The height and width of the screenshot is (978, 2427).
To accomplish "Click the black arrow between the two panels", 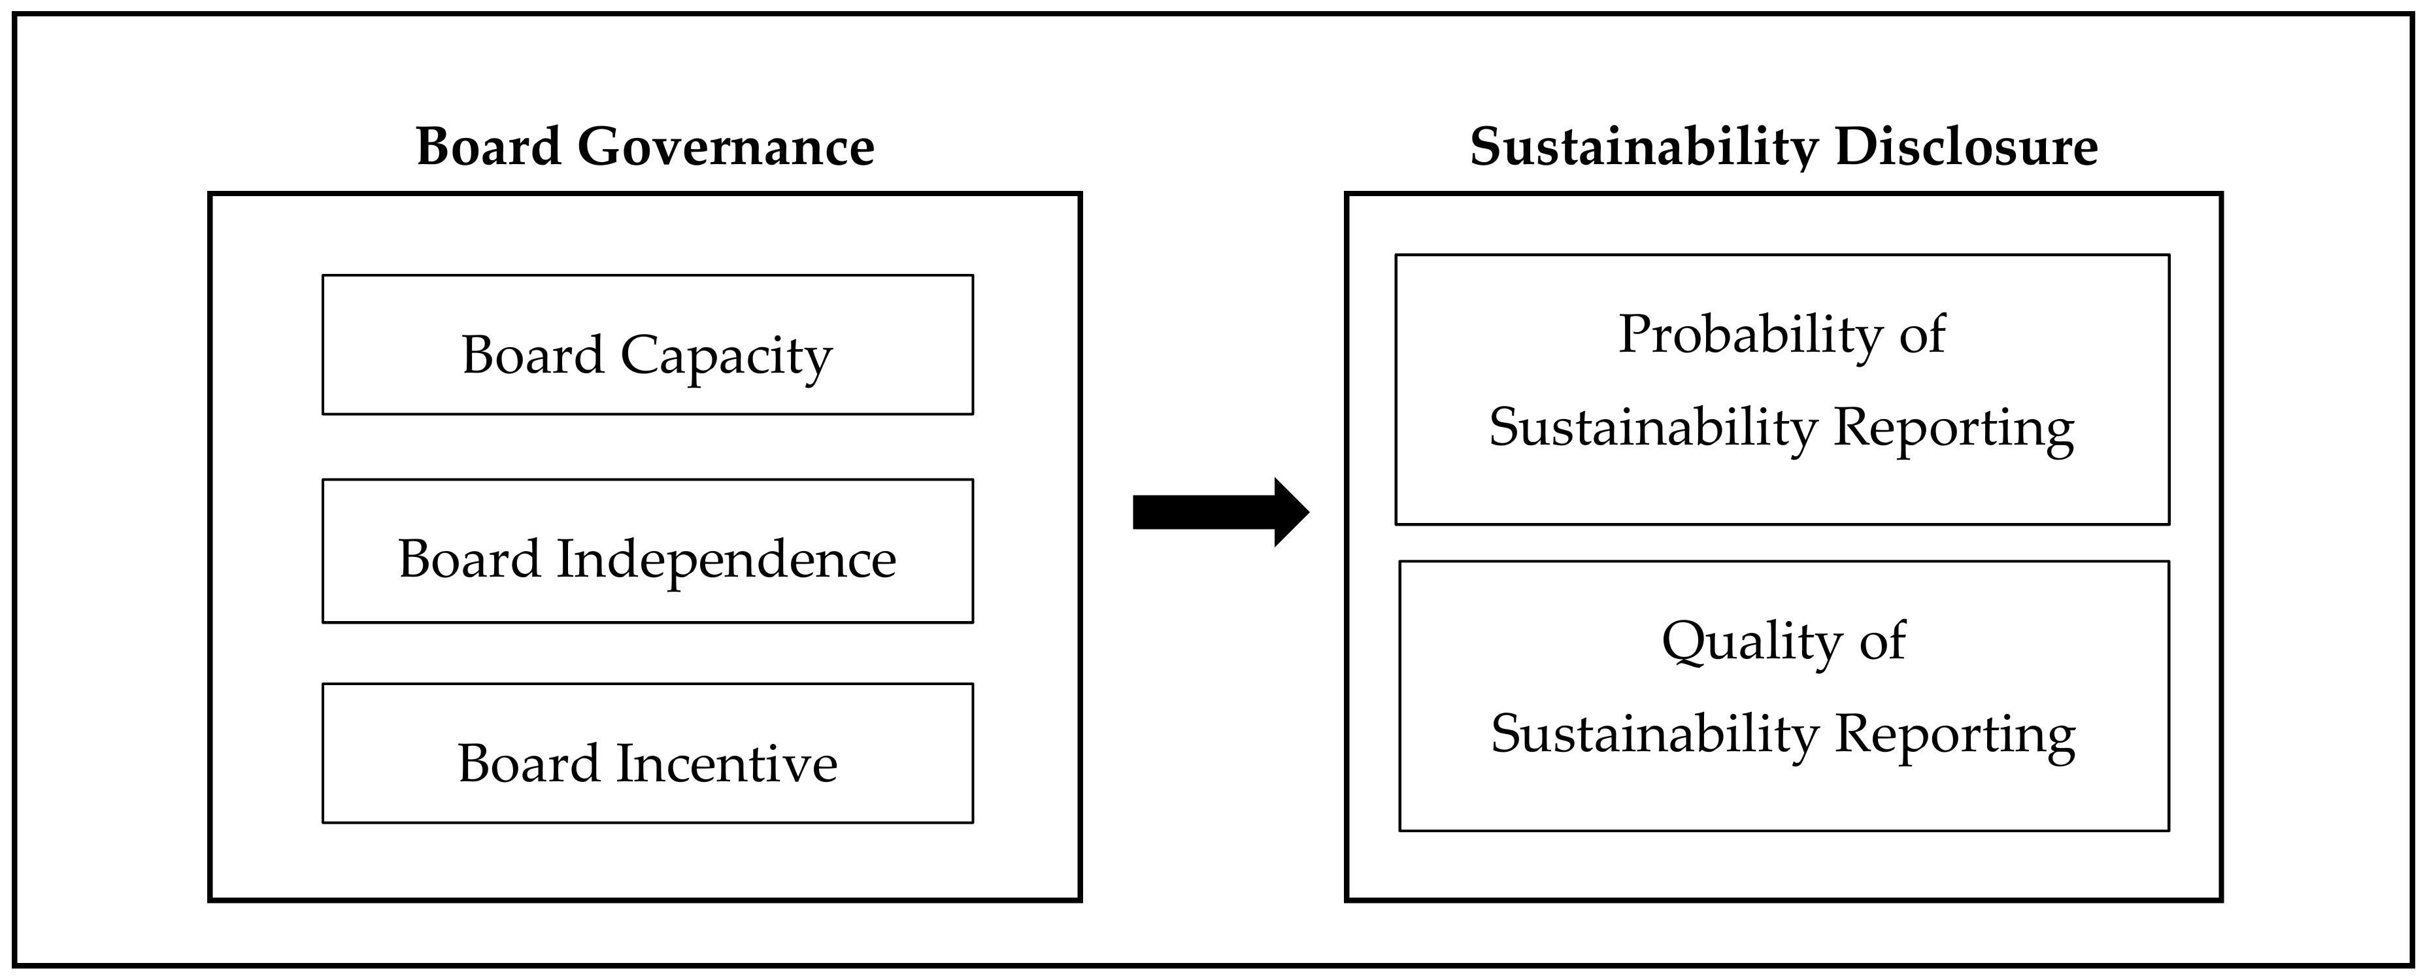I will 1215,512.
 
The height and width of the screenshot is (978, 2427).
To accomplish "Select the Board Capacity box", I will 647,344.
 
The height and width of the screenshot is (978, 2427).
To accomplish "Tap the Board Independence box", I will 647,550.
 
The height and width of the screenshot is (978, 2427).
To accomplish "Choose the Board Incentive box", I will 647,753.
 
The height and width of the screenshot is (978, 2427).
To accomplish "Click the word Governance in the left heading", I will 726,148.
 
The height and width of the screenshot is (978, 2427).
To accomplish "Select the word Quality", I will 1750,643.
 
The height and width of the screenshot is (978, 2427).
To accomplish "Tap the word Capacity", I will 726,357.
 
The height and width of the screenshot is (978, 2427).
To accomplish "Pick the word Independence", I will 726,560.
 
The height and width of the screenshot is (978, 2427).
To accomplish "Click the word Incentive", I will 726,763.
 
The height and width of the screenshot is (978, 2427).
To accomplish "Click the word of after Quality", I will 1883,643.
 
